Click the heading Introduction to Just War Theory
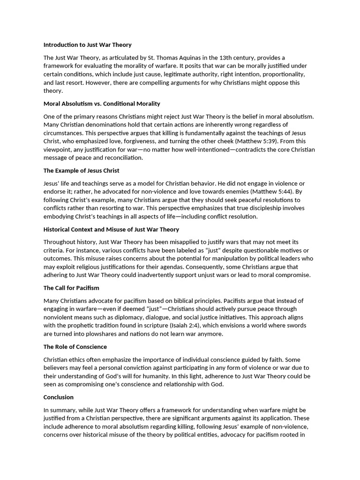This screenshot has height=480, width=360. point(87,45)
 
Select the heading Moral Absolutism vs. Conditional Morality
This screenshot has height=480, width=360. point(102,104)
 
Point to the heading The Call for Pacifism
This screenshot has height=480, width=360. point(71,288)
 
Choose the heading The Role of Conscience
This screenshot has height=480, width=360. point(75,347)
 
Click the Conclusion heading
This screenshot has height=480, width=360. point(59,397)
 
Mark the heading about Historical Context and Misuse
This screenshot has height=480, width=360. point(111,229)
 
